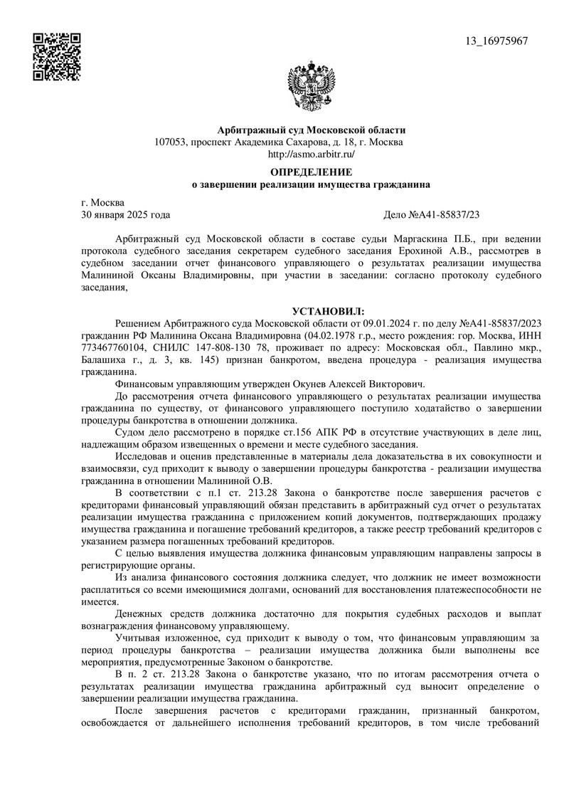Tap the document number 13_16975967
(x=496, y=41)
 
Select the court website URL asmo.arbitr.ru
(x=311, y=154)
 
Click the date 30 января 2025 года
(x=126, y=214)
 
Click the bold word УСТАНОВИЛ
(x=327, y=311)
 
